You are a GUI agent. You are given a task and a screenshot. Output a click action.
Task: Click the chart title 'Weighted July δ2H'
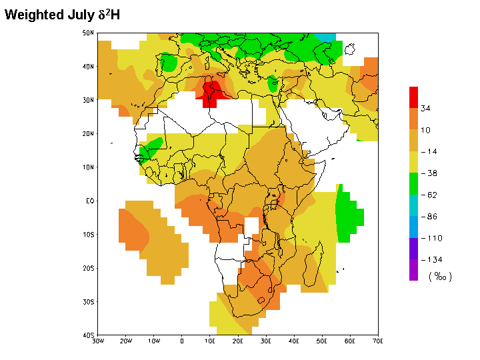coord(63,14)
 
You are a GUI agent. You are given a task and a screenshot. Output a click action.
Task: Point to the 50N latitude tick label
coord(87,33)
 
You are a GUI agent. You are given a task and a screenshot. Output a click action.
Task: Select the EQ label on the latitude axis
coord(88,201)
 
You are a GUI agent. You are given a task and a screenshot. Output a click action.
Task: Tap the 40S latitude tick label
coord(87,335)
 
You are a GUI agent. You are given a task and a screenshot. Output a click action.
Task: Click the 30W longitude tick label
coord(98,341)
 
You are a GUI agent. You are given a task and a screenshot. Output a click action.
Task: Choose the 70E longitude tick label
coord(378,341)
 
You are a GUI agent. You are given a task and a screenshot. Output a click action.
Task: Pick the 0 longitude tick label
coord(182,341)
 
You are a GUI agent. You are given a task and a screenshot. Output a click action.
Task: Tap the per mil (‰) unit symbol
coord(440,277)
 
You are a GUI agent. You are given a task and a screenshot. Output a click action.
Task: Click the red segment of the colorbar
coord(413,97)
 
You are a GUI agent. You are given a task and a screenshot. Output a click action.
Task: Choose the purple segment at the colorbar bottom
coord(413,270)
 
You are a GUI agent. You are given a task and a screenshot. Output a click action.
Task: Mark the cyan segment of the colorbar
coord(413,205)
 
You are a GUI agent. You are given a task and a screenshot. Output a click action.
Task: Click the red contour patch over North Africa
coord(212,91)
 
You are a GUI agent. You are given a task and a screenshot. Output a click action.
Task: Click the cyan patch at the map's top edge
coord(325,37)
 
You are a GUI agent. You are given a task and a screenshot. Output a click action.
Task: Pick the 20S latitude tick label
coord(87,268)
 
